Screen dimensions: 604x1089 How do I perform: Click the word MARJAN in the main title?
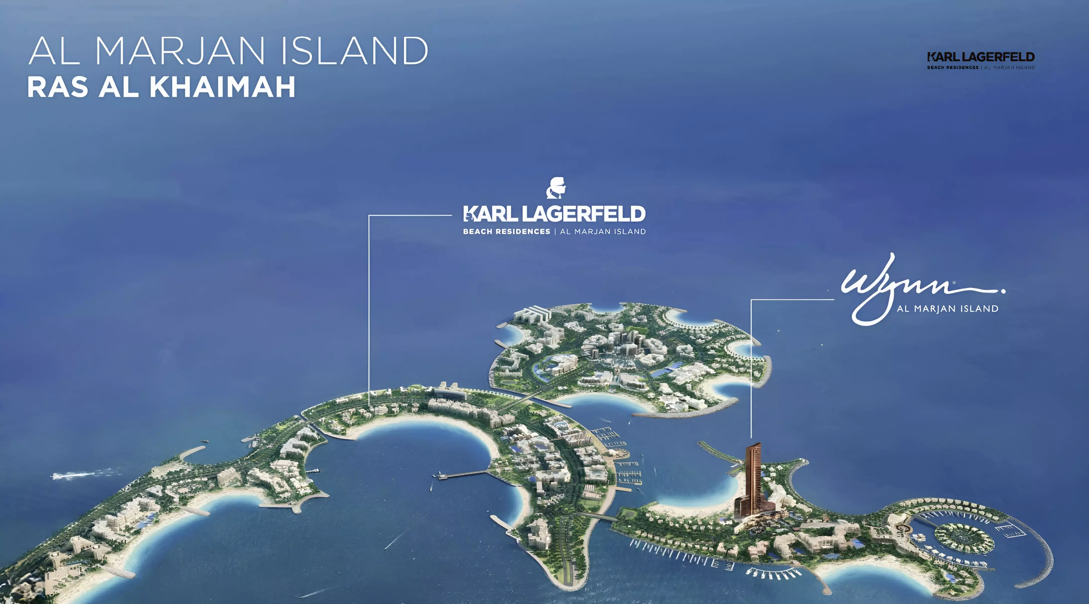click(x=179, y=51)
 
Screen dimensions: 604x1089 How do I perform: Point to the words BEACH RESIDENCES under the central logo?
click(x=506, y=232)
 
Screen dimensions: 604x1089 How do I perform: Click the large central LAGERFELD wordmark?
click(x=583, y=214)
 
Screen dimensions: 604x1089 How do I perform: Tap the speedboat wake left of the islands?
click(x=76, y=475)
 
